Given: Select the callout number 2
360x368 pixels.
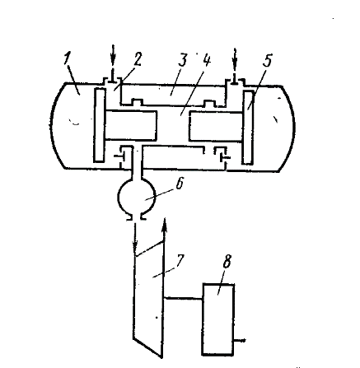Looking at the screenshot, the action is (137, 59).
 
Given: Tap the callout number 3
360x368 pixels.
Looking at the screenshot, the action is (182, 59).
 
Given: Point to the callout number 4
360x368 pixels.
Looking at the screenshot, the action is (206, 60).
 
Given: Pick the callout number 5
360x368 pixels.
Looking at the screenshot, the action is (267, 60).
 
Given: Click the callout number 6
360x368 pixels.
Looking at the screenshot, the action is (179, 184).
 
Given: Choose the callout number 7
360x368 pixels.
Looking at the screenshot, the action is (180, 261).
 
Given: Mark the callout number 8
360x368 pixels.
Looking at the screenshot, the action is (227, 262).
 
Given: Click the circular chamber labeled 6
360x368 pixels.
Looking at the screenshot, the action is (137, 197).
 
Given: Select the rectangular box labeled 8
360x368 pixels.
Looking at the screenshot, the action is (218, 319).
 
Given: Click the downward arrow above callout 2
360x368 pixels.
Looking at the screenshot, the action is (113, 63).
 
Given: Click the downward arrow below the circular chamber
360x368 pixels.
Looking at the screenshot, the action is (135, 239).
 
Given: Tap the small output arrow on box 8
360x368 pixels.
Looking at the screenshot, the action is (240, 341).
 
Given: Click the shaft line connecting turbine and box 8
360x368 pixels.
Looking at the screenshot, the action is (183, 299).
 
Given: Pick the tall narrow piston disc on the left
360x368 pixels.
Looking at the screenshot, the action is (99, 125).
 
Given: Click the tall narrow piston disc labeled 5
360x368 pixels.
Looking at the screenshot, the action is (248, 128).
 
